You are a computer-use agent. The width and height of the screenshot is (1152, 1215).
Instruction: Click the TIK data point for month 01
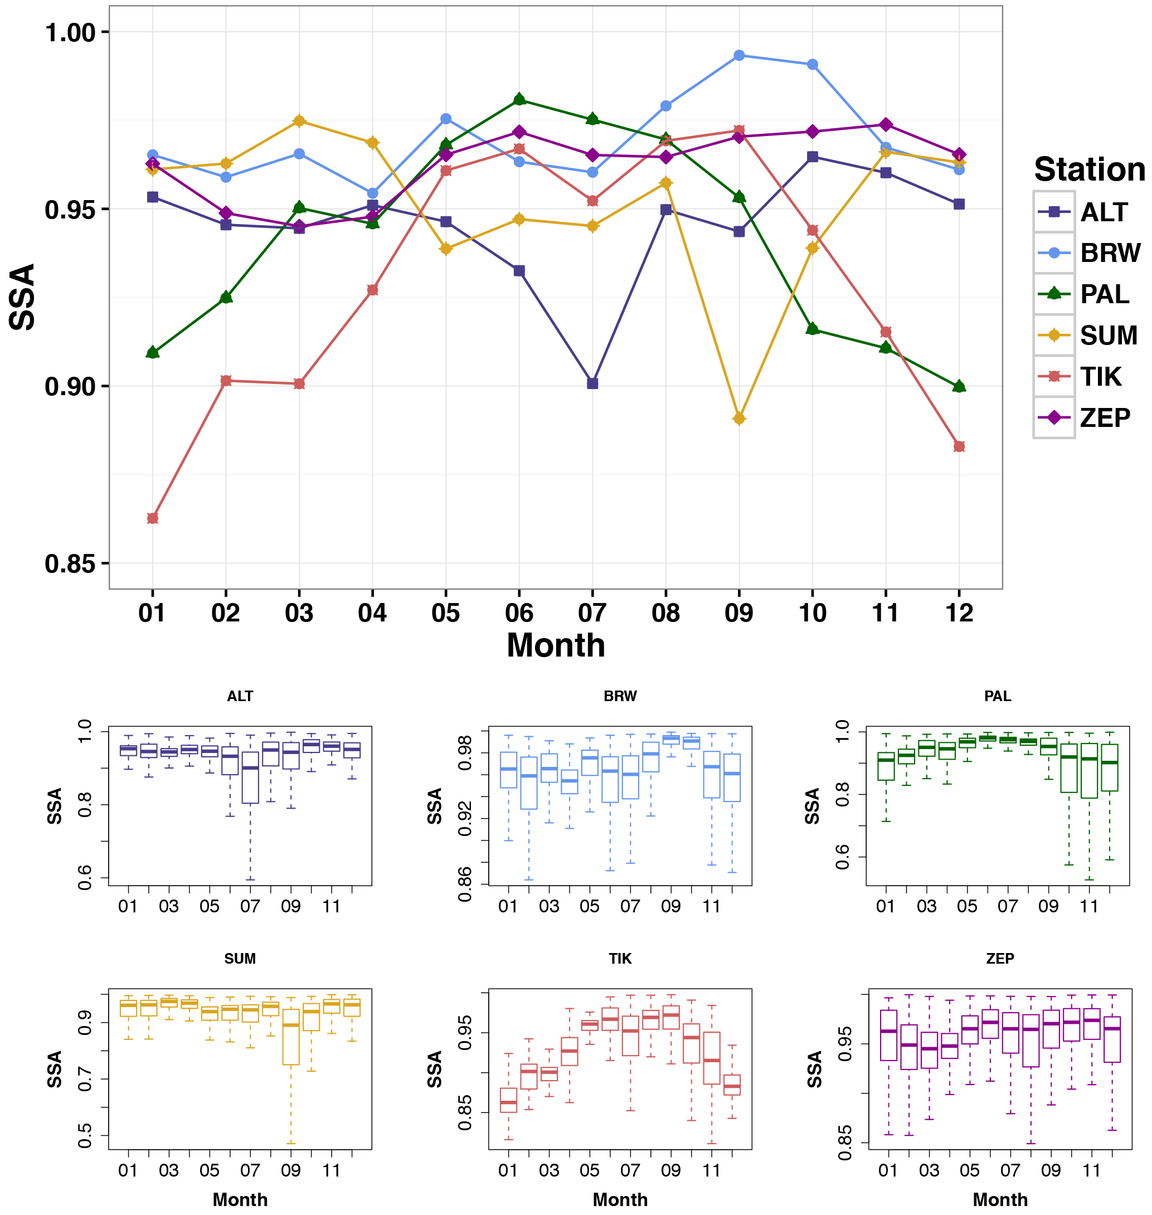click(152, 518)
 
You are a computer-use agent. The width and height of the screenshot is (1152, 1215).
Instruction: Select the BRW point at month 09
click(738, 55)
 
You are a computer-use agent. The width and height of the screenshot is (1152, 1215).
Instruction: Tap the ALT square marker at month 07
click(592, 383)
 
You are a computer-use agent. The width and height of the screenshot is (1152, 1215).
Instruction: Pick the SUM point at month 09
click(738, 419)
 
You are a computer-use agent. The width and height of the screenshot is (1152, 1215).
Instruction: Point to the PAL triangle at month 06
click(519, 99)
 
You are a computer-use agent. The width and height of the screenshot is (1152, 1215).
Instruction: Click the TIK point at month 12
click(959, 446)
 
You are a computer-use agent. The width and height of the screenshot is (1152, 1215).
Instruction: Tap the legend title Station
click(1090, 169)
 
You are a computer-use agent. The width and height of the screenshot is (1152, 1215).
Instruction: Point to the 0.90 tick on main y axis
click(70, 387)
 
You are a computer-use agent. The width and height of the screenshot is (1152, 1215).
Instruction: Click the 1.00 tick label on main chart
click(70, 32)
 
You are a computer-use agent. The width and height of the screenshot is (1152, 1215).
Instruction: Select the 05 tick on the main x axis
click(445, 613)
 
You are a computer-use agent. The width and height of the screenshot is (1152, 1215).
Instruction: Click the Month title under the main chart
click(556, 645)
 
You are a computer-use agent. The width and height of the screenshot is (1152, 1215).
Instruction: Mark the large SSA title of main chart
click(23, 297)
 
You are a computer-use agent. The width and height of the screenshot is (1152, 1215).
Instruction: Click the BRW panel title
click(620, 696)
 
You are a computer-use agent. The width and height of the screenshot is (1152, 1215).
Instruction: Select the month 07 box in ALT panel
click(250, 777)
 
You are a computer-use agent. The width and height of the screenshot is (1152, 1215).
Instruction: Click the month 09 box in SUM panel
click(290, 1037)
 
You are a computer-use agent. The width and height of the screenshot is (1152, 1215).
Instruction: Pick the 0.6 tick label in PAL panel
click(842, 857)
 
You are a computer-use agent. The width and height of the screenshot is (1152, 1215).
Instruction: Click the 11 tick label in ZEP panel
click(1091, 1170)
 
